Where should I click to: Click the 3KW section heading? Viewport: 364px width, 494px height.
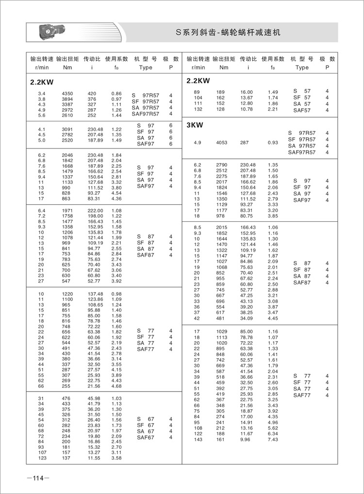(x=194, y=125)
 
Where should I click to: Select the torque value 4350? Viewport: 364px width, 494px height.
(x=67, y=93)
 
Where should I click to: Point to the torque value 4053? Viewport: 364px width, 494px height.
(x=221, y=143)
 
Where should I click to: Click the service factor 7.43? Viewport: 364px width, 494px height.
(x=274, y=439)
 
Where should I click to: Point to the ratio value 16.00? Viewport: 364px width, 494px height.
(x=246, y=92)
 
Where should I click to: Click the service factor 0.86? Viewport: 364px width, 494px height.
(x=116, y=93)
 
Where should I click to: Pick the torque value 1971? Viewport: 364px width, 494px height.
(x=67, y=210)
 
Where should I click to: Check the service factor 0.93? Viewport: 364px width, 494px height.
(x=274, y=143)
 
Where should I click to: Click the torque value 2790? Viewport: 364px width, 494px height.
(x=221, y=165)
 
